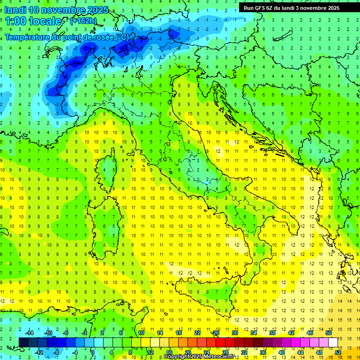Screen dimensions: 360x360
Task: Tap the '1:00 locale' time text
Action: pyautogui.click(x=33, y=21)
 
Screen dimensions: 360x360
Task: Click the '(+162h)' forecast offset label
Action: pyautogui.click(x=83, y=21)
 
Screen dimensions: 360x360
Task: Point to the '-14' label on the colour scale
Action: pyautogui.click(x=29, y=333)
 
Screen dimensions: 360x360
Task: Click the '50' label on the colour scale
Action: pyautogui.click(x=328, y=333)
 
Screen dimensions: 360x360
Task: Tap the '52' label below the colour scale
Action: pyautogui.click(x=337, y=352)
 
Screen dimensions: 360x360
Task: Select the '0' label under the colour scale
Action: pyautogui.click(x=93, y=352)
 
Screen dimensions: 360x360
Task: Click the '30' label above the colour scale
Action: pyautogui.click(x=235, y=333)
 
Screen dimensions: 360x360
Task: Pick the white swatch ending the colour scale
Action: pyautogui.click(x=333, y=342)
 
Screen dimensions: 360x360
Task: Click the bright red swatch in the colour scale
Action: pyautogui.click(x=220, y=342)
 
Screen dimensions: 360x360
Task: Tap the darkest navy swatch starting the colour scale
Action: pyautogui.click(x=23, y=342)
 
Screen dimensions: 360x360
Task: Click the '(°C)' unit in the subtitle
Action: pyautogui.click(x=122, y=37)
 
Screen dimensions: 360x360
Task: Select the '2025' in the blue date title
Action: pyautogui.click(x=97, y=10)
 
